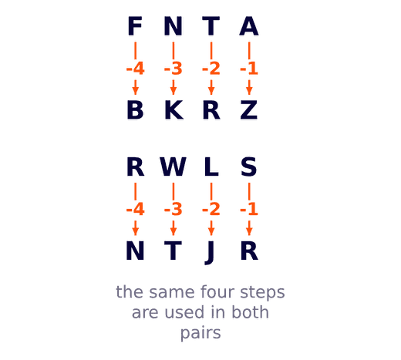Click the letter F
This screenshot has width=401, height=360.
pyautogui.click(x=135, y=26)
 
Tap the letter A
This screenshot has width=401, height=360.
pyautogui.click(x=249, y=26)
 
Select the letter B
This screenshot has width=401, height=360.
pyautogui.click(x=135, y=110)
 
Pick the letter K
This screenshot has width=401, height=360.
pyautogui.click(x=174, y=110)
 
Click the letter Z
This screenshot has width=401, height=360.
pyautogui.click(x=249, y=110)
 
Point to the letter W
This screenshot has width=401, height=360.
pyautogui.click(x=174, y=167)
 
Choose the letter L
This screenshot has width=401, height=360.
pyautogui.click(x=211, y=167)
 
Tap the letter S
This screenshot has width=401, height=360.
pyautogui.click(x=249, y=167)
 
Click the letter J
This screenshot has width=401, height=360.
pyautogui.click(x=210, y=253)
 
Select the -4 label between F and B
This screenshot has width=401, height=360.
pyautogui.click(x=135, y=69)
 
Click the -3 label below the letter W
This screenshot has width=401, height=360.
pyautogui.click(x=174, y=209)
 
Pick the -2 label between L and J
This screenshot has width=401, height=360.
pyautogui.click(x=211, y=209)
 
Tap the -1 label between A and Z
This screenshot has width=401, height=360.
pyautogui.click(x=249, y=69)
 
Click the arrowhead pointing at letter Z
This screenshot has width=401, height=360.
pyautogui.click(x=249, y=91)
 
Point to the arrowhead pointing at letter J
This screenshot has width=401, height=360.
pyautogui.click(x=211, y=232)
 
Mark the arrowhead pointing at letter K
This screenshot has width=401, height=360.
pyautogui.click(x=174, y=91)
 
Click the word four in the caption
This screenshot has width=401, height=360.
pyautogui.click(x=217, y=292)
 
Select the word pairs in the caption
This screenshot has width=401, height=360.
pyautogui.click(x=200, y=333)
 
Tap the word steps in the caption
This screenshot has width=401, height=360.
pyautogui.click(x=262, y=293)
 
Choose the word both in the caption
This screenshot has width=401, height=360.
pyautogui.click(x=251, y=312)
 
